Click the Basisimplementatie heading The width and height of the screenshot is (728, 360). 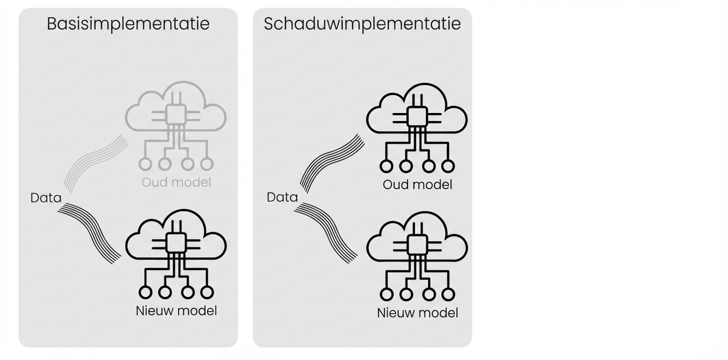coord(128,23)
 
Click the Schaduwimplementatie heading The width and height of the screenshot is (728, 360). coord(362,23)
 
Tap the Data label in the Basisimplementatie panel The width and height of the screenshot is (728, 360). coord(45,198)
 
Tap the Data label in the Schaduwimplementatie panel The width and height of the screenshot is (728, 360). coord(282,197)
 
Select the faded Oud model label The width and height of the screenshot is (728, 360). coord(176,182)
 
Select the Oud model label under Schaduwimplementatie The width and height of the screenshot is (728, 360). coord(417,184)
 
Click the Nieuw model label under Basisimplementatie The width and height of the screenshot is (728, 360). coord(176,310)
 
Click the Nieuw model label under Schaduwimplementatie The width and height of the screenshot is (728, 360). coord(417,313)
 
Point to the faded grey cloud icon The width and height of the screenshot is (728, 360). coord(175,106)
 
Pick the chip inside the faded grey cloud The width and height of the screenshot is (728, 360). coord(175,115)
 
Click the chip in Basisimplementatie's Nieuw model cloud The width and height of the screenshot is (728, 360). coord(175,243)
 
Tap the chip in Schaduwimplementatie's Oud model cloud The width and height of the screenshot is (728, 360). coord(417,117)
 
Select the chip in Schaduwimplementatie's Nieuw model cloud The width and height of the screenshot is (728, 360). coord(417,245)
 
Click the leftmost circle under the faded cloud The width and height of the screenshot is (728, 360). coord(145,163)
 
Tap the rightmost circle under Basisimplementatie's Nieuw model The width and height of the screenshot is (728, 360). coord(206,292)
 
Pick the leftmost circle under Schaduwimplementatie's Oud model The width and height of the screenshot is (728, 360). coord(386,166)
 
